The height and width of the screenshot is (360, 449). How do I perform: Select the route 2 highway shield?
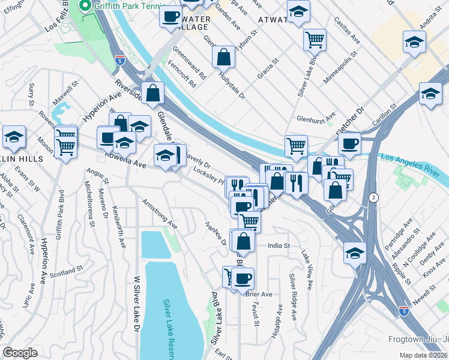(x=374, y=197)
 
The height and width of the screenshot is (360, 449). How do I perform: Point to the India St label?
(x=279, y=245)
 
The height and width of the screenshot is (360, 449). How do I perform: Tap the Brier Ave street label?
(x=259, y=294)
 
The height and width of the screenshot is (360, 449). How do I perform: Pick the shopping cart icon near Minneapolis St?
(x=315, y=39)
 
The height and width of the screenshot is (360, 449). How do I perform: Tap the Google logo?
(x=20, y=353)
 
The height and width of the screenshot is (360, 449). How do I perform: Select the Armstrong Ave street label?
(x=160, y=214)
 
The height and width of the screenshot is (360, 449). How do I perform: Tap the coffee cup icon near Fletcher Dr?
(x=349, y=143)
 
